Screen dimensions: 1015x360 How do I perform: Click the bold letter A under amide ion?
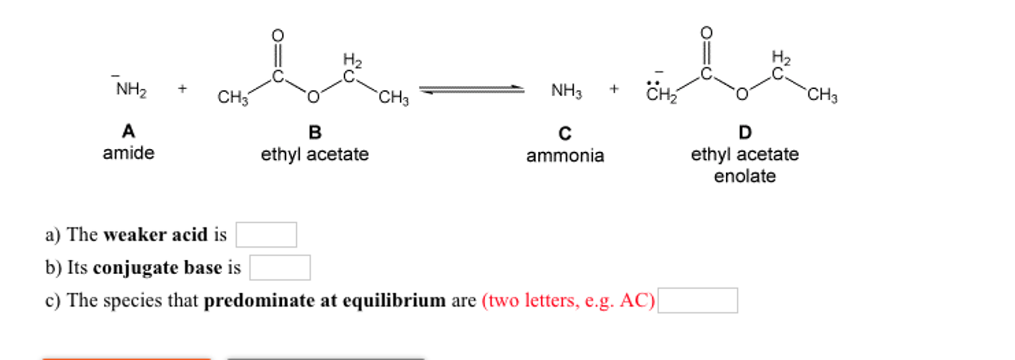(x=128, y=131)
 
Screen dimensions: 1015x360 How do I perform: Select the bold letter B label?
(x=315, y=132)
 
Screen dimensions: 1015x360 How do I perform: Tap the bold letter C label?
(x=565, y=134)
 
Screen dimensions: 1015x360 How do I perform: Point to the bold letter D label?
(x=745, y=132)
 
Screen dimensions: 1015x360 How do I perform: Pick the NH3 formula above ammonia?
(x=567, y=90)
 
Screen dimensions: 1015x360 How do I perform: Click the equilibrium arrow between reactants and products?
(x=472, y=90)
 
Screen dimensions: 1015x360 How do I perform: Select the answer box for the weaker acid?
(x=266, y=235)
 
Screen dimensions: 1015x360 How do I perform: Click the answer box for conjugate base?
(x=280, y=268)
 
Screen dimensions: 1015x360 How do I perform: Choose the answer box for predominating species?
(x=698, y=300)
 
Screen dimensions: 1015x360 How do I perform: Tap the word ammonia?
(x=565, y=156)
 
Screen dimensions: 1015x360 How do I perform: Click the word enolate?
(x=745, y=176)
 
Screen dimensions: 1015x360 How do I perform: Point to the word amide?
(x=128, y=153)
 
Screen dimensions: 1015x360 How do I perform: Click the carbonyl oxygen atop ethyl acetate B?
(x=278, y=36)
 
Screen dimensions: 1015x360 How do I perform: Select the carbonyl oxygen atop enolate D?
(x=706, y=33)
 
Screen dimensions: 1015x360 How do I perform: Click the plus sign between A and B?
(x=183, y=89)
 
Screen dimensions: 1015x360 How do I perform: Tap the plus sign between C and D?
(x=614, y=89)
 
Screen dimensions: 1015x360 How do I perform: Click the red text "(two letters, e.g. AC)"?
(x=569, y=300)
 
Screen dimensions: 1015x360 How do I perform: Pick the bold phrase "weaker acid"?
(x=156, y=235)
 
